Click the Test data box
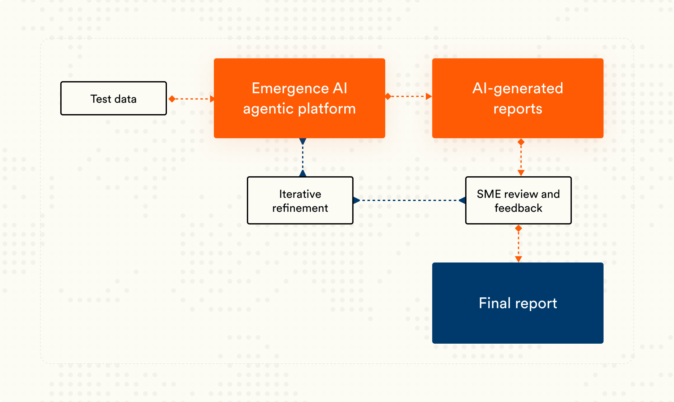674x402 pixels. coord(113,99)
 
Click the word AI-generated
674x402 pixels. coord(518,88)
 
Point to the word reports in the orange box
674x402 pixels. coord(518,109)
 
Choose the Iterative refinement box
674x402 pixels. coord(300,200)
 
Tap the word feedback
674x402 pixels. coord(518,208)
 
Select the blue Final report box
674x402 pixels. coord(518,303)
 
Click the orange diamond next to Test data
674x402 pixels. coord(172,99)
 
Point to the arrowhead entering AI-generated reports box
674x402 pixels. coord(429,96)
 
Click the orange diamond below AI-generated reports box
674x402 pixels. coord(521,142)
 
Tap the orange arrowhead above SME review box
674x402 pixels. coord(521,173)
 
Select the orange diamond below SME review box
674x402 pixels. coord(519,228)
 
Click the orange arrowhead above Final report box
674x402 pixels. coord(519,259)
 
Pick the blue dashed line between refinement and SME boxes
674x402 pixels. coord(409,200)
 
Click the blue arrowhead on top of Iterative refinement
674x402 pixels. coord(303,173)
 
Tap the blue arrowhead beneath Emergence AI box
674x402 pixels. coord(303,141)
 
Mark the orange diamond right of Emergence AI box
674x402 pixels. coord(388,96)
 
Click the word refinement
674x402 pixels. coord(300,208)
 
